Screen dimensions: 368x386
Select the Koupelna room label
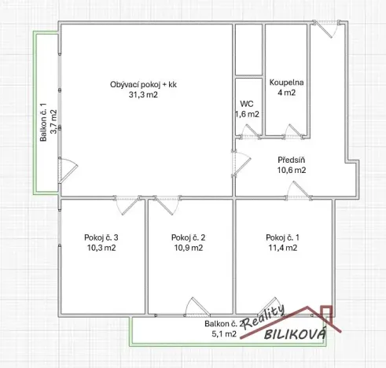click(x=287, y=82)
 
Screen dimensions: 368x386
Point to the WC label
click(x=248, y=103)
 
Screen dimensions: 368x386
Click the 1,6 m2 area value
click(x=248, y=114)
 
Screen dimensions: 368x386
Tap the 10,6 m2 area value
click(x=292, y=169)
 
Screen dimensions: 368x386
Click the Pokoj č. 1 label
click(x=281, y=237)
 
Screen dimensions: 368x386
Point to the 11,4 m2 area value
click(x=281, y=248)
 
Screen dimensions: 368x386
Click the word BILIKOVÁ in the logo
click(x=292, y=336)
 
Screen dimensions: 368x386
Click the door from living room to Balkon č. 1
click(x=69, y=167)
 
